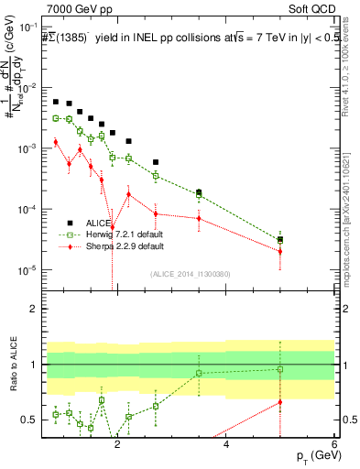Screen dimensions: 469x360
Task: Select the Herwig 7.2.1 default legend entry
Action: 115,234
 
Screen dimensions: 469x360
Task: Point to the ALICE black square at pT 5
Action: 280,239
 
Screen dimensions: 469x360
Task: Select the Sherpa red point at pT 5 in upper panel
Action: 280,251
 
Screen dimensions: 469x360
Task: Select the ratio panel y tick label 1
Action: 34,365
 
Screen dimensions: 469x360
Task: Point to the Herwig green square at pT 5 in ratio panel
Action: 280,369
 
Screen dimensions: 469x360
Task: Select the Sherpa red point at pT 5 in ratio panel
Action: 280,401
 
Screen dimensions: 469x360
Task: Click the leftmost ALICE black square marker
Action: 56,102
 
